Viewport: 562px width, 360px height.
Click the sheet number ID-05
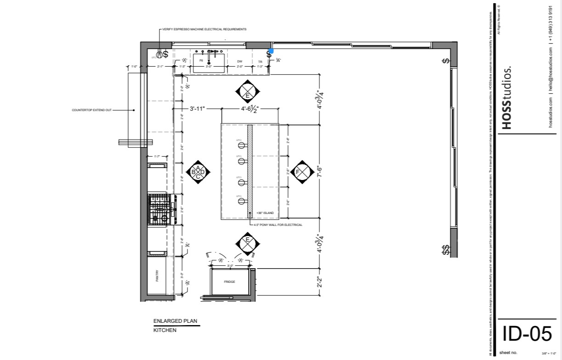tap(527, 334)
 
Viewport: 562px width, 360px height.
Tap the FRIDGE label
tap(229, 281)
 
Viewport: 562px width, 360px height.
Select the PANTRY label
tap(157, 276)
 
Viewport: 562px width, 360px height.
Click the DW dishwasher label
tap(239, 61)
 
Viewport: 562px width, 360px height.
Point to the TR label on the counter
tap(260, 62)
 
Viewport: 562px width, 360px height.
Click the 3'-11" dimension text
tap(197, 109)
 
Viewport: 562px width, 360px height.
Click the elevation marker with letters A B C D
tap(198, 172)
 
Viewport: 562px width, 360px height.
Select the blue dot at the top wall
tap(271, 51)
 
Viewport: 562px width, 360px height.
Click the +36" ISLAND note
tap(265, 213)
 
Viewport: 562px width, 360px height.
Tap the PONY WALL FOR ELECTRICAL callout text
tap(278, 225)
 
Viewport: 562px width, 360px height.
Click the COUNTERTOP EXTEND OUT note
tap(91, 110)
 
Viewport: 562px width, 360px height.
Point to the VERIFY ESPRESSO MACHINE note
tap(204, 29)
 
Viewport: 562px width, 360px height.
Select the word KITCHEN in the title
tap(165, 330)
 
